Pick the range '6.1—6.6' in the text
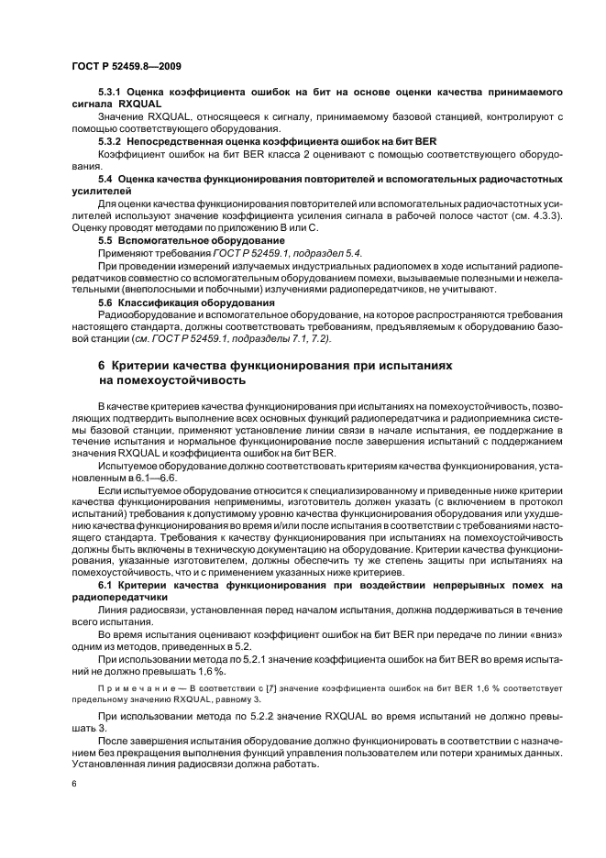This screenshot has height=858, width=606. pos(153,479)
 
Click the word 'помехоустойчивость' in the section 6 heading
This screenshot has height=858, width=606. pos(175,379)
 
